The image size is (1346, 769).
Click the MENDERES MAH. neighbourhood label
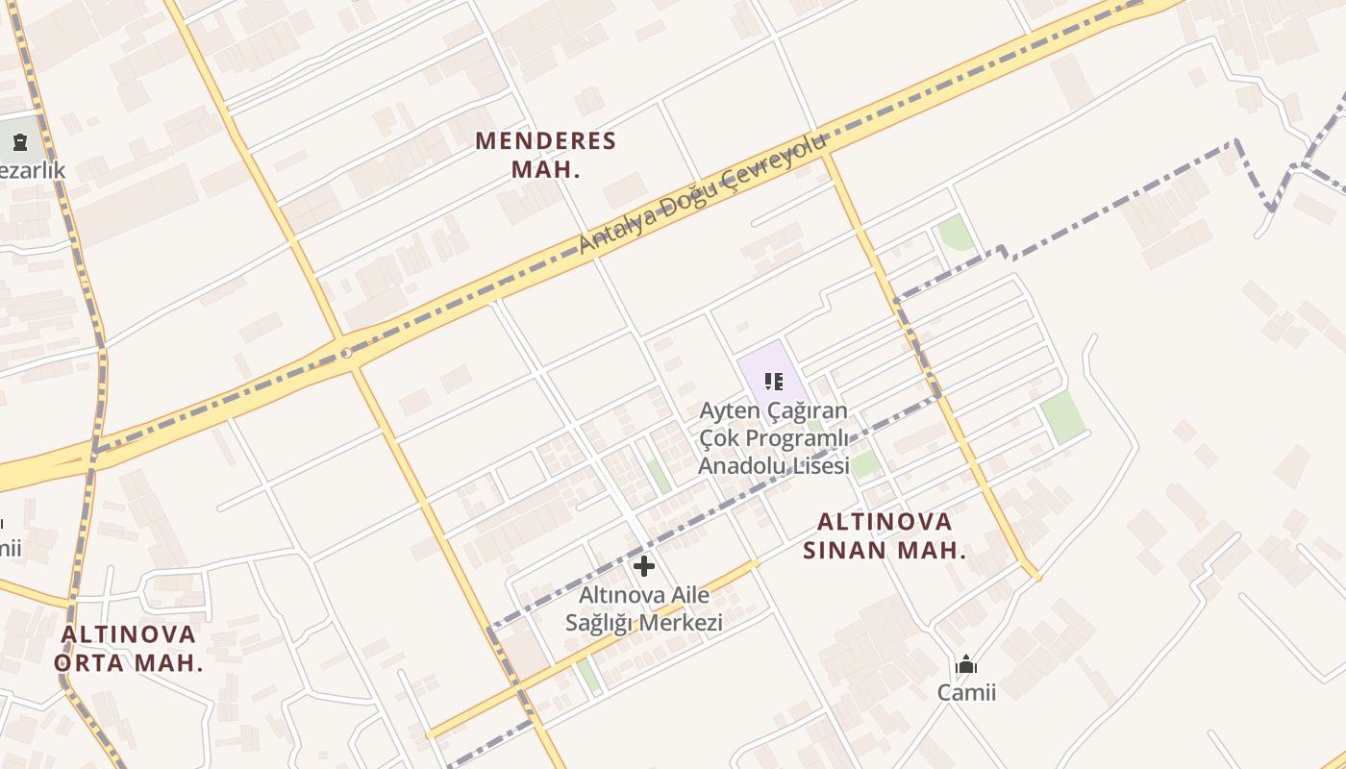click(x=545, y=155)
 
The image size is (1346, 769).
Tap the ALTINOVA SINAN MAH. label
click(x=885, y=535)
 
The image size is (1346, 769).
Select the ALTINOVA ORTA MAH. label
click(x=129, y=648)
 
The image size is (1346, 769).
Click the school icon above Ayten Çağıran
click(x=774, y=381)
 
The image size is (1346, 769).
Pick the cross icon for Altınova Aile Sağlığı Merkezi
click(x=644, y=565)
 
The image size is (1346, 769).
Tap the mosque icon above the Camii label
click(x=966, y=664)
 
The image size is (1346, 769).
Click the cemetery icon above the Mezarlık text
click(x=20, y=142)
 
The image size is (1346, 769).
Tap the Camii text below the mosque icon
click(x=966, y=692)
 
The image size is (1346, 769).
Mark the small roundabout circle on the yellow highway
click(x=346, y=353)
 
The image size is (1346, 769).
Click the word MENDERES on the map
click(x=545, y=141)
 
